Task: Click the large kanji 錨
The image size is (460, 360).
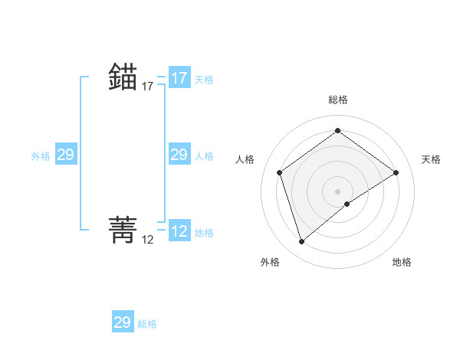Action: [x=123, y=78]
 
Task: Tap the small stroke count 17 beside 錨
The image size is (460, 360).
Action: [x=148, y=87]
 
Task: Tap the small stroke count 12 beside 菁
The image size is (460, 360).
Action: [x=148, y=240]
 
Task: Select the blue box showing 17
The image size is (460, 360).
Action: [x=179, y=78]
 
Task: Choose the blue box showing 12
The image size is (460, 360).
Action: [x=179, y=231]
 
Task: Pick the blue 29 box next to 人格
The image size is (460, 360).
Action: [x=179, y=155]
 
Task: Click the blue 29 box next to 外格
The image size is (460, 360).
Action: [x=66, y=155]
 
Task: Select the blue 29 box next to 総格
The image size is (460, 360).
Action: [x=123, y=322]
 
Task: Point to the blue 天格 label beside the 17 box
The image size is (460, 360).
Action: [x=204, y=79]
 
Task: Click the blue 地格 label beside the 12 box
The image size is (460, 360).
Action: [x=204, y=232]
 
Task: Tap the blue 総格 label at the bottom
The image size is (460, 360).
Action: [x=147, y=324]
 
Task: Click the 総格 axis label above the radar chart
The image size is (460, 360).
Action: [x=338, y=100]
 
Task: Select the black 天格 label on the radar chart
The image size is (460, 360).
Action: [x=432, y=159]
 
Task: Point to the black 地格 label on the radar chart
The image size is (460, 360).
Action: [x=402, y=262]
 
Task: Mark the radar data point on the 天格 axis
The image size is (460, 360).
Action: [x=396, y=172]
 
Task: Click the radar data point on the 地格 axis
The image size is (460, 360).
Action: [x=347, y=204]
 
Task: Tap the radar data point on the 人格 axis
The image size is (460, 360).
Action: [x=280, y=172]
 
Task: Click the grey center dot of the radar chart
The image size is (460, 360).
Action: [x=338, y=191]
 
